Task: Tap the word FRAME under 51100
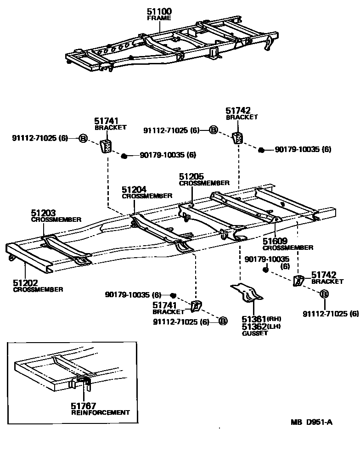click(x=159, y=18)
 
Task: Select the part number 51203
click(x=43, y=213)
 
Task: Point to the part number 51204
click(x=134, y=189)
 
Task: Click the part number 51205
click(x=191, y=176)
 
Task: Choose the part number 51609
click(x=275, y=241)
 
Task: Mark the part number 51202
click(x=25, y=283)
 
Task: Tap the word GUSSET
click(x=255, y=333)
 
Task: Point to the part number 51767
click(x=83, y=406)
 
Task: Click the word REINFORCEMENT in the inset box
click(x=101, y=412)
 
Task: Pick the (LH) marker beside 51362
click(x=274, y=326)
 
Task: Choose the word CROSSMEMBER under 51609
click(x=288, y=248)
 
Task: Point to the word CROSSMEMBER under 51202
click(x=38, y=289)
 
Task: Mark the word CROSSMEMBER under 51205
click(x=204, y=183)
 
